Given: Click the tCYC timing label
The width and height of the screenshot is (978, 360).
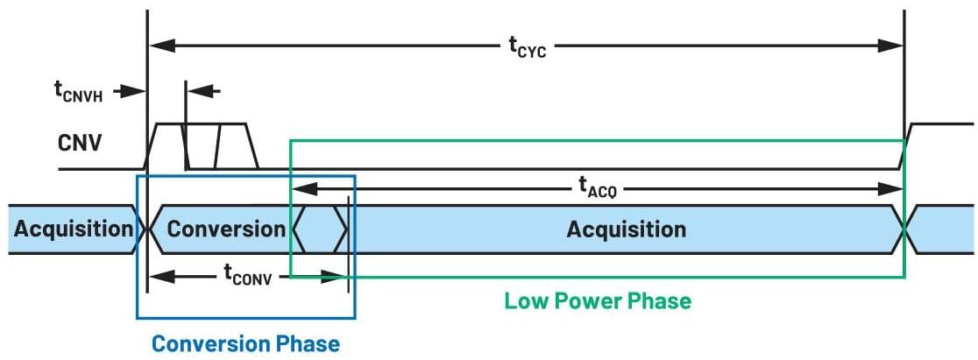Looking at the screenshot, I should coord(527,47).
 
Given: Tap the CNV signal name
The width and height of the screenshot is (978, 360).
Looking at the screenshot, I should coord(80,142).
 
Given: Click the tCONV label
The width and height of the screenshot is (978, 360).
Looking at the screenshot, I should coord(248,278).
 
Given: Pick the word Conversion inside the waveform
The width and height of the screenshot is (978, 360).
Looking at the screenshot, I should coord(226,229).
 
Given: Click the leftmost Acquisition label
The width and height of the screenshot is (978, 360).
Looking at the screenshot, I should coord(73,229).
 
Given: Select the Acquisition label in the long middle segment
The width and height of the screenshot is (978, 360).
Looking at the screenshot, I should coord(626,229).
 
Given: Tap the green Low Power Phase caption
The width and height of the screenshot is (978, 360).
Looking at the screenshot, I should coord(598,301).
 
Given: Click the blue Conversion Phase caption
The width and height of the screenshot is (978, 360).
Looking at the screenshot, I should coord(245,342).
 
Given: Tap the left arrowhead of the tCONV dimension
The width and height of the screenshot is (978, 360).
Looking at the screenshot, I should coord(157,277).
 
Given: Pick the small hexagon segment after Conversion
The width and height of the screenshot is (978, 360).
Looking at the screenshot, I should coord(320,229).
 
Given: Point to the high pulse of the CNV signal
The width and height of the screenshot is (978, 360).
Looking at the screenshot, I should coord(202,125).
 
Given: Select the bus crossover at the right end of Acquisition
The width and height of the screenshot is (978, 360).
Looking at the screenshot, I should coord(904,229).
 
